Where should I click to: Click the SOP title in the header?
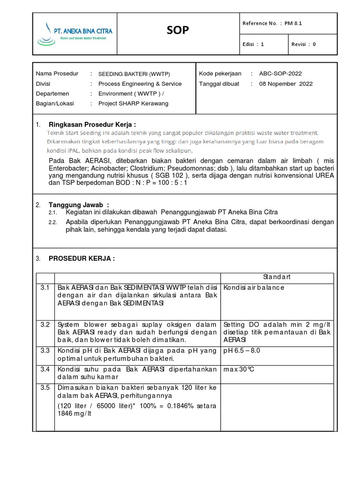pos(178,31)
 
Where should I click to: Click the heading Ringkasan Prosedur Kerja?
pos(92,125)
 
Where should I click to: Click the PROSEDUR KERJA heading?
pos(82,258)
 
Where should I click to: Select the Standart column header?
pos(277,277)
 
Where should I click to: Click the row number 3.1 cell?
pos(45,287)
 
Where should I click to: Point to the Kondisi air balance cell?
pos(254,287)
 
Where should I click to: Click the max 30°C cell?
pos(239,369)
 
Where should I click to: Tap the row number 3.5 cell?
pos(45,388)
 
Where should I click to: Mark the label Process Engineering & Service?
pos(140,84)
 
